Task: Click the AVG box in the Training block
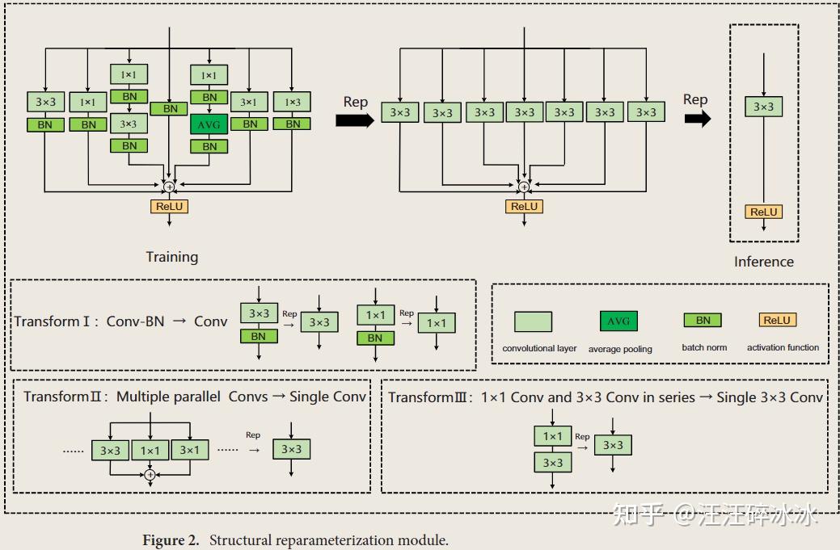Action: click(209, 124)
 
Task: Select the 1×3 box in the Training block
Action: click(292, 102)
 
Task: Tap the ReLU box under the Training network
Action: click(169, 206)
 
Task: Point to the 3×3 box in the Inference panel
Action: click(763, 107)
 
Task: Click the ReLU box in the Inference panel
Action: click(763, 212)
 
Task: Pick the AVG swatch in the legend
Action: click(618, 321)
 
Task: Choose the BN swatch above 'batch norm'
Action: click(703, 320)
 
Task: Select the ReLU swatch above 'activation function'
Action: click(777, 320)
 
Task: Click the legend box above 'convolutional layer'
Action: click(533, 321)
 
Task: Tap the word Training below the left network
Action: click(171, 257)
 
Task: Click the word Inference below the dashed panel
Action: click(763, 262)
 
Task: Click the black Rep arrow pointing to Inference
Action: click(697, 119)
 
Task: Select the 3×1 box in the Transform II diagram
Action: click(190, 450)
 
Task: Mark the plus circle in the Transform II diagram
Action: click(150, 475)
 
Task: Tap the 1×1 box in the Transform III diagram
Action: click(552, 436)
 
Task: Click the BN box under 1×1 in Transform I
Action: click(375, 338)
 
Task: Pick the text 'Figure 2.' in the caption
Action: click(171, 540)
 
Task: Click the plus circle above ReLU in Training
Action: click(169, 187)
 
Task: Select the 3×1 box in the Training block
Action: click(250, 102)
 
